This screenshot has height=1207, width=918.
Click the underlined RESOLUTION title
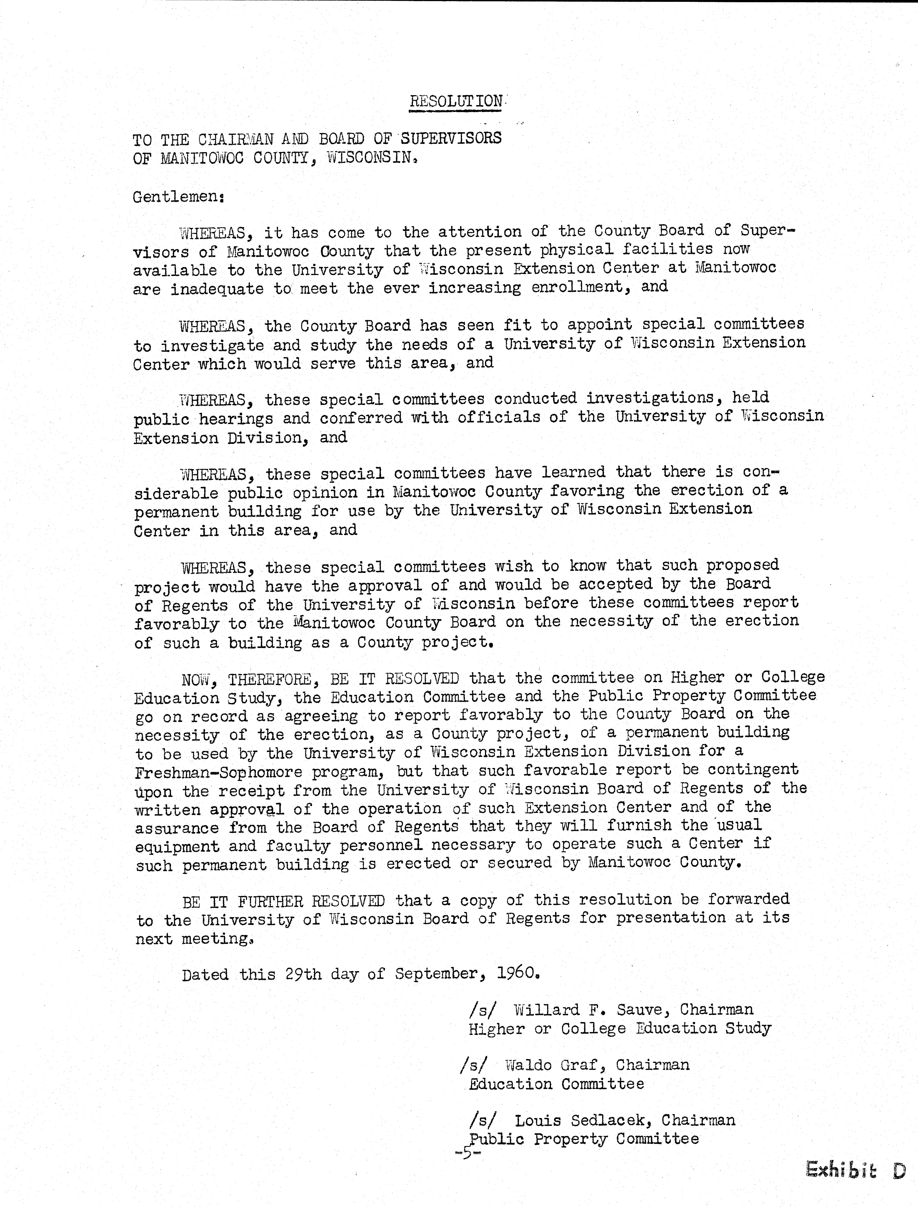[x=456, y=102]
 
